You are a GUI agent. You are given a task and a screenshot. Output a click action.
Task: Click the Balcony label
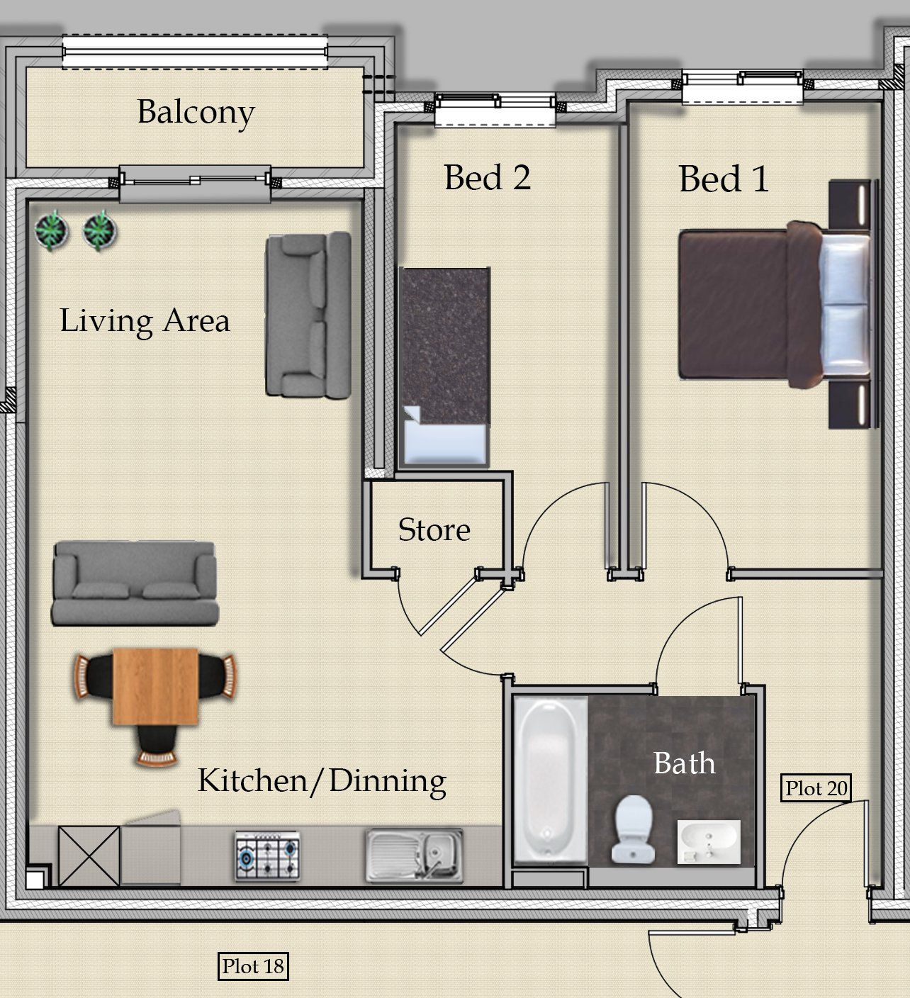point(196,113)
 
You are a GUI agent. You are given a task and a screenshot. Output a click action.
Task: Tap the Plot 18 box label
point(253,966)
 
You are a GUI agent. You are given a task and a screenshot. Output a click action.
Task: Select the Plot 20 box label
point(816,788)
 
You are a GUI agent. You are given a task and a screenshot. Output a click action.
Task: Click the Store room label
point(434,529)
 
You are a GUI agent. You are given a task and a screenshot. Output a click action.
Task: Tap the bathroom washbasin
point(709,842)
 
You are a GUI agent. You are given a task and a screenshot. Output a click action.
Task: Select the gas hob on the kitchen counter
point(267,856)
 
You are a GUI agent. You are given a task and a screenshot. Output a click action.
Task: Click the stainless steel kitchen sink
point(415,856)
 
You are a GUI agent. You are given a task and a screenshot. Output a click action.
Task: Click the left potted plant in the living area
point(51,230)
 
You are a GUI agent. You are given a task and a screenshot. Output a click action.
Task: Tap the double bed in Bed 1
point(775,305)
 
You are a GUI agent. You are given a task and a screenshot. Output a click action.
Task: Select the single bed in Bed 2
point(444,367)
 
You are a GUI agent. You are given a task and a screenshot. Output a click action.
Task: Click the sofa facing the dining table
point(135,583)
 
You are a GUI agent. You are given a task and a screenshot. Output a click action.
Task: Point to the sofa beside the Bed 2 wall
point(308,315)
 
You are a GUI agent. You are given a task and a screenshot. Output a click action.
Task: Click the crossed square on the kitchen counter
point(89,856)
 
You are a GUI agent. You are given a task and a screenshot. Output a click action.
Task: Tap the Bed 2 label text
point(488,178)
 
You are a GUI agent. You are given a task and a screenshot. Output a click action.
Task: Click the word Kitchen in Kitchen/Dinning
point(253,780)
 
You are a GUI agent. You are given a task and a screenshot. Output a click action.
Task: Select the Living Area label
point(145,321)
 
